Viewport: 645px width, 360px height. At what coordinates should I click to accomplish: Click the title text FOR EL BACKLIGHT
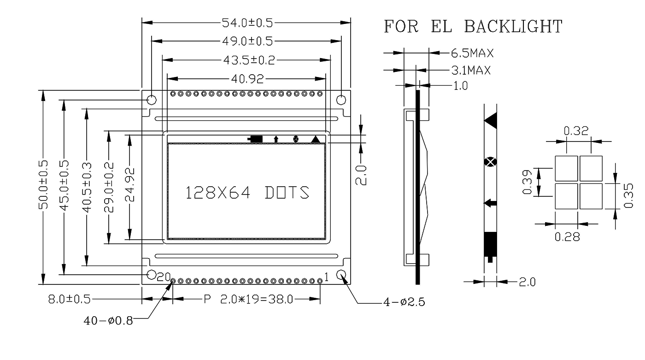click(x=473, y=27)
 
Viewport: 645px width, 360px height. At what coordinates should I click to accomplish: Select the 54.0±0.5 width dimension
click(x=247, y=22)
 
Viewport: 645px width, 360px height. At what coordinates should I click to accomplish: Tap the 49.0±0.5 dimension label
click(x=247, y=41)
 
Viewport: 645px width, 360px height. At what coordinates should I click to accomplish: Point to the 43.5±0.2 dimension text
click(x=248, y=60)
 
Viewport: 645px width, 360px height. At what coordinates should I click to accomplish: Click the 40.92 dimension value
click(x=247, y=79)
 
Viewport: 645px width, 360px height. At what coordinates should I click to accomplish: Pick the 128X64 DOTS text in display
click(x=247, y=193)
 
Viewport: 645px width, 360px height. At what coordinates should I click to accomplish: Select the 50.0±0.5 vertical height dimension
click(x=43, y=184)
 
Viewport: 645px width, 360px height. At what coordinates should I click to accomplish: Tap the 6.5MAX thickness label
click(x=472, y=53)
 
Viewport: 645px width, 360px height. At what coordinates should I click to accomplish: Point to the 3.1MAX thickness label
click(x=470, y=71)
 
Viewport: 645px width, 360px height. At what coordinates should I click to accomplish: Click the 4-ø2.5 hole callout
click(x=404, y=302)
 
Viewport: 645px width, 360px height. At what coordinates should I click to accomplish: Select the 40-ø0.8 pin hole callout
click(x=108, y=320)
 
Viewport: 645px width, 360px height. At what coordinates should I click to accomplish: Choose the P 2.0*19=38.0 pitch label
click(x=248, y=300)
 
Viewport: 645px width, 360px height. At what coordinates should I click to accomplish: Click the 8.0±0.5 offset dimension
click(x=70, y=300)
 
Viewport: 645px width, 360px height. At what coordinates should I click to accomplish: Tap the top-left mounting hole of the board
click(x=151, y=100)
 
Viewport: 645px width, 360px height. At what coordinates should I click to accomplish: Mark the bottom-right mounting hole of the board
click(x=341, y=275)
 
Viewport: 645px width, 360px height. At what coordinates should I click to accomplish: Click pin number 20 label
click(x=164, y=277)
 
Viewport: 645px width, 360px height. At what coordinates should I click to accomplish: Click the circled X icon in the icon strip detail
click(x=490, y=162)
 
